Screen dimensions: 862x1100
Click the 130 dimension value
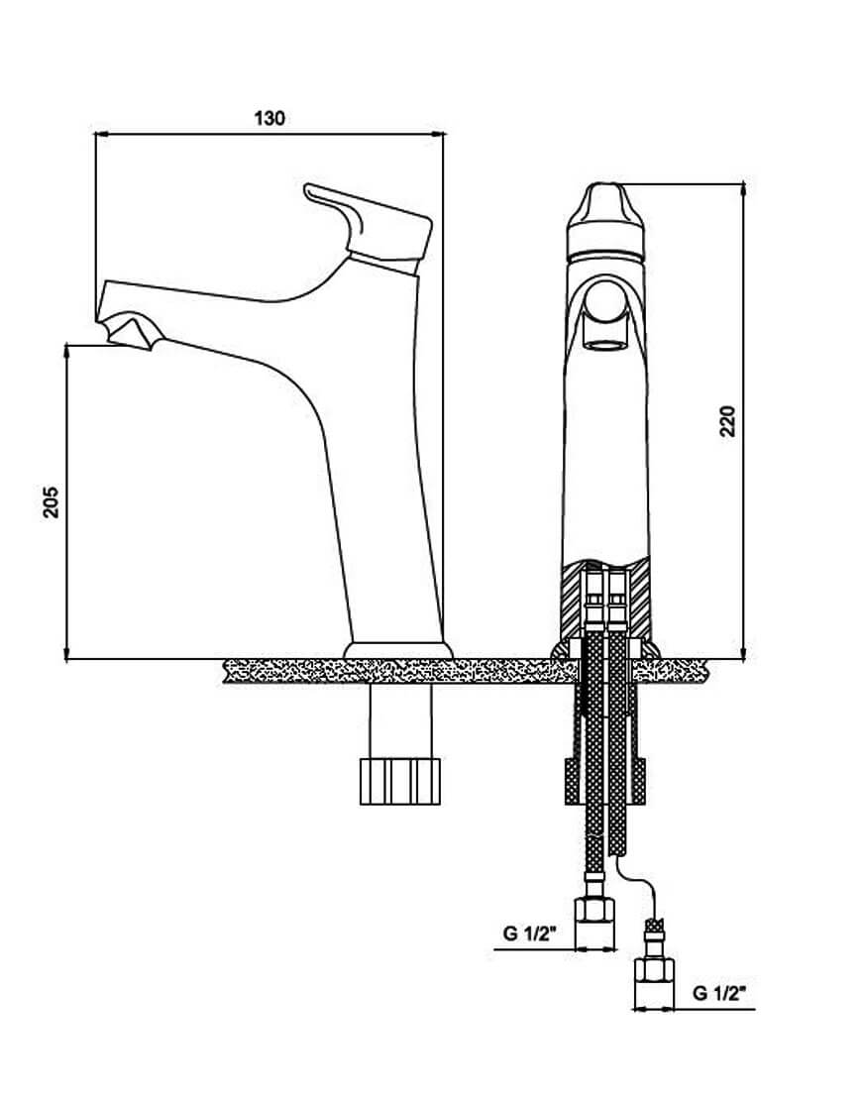(269, 118)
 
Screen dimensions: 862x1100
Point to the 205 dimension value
(52, 501)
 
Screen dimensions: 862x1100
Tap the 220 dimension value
(728, 421)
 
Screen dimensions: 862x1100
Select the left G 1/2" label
(529, 934)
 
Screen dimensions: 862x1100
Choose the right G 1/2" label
(719, 993)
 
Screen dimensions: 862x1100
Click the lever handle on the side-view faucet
(369, 227)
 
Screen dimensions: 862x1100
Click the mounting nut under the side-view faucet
(399, 781)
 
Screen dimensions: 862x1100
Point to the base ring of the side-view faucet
(397, 650)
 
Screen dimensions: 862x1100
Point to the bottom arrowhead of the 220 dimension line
(743, 651)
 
